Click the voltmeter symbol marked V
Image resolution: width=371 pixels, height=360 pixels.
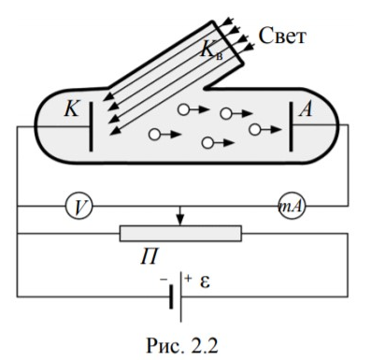tap(79, 206)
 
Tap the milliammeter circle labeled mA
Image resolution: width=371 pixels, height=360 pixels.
tap(292, 206)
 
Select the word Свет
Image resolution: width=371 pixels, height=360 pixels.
tap(282, 36)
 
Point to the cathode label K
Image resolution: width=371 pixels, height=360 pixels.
tap(71, 109)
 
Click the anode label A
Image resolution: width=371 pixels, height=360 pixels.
tap(306, 109)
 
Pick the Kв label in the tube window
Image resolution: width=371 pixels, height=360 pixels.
tap(212, 50)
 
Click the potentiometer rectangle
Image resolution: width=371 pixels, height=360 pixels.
tap(180, 233)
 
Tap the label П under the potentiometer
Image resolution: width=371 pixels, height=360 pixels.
tap(150, 256)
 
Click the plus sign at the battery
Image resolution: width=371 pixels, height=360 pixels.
tap(188, 278)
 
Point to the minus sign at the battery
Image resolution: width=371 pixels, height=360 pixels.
tap(164, 280)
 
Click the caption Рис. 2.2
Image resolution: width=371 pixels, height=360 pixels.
tap(182, 345)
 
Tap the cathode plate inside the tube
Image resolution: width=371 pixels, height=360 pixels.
tap(91, 127)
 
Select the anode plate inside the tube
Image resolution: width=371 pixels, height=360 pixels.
tap(291, 127)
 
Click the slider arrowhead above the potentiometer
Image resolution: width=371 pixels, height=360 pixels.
tap(180, 221)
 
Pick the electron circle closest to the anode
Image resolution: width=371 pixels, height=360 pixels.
tap(255, 129)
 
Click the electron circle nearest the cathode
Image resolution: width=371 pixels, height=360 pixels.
tap(154, 135)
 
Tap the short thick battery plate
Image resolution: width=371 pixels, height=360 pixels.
tap(171, 296)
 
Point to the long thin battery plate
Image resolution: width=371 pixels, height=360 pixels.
tap(180, 296)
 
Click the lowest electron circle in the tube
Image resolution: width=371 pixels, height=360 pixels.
tap(207, 143)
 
